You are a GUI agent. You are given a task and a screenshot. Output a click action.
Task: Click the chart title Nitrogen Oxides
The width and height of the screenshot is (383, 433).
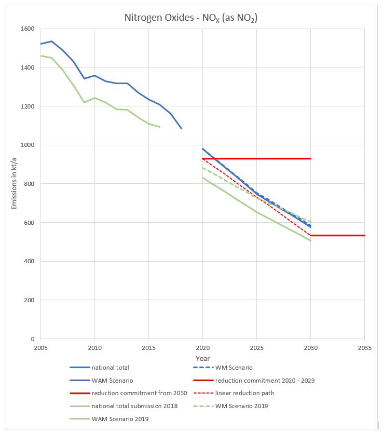pyautogui.click(x=191, y=18)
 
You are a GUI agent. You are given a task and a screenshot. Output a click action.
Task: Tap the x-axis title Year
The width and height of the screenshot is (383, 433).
pyautogui.click(x=203, y=358)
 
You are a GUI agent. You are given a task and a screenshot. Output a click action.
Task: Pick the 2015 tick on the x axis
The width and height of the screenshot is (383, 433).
pyautogui.click(x=148, y=346)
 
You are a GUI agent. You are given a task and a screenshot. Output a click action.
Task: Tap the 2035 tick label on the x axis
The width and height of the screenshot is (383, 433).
pyautogui.click(x=364, y=346)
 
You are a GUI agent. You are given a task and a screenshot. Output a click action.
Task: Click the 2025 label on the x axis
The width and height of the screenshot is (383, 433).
pyautogui.click(x=256, y=346)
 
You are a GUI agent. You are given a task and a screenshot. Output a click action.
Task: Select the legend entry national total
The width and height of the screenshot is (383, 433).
pyautogui.click(x=111, y=368)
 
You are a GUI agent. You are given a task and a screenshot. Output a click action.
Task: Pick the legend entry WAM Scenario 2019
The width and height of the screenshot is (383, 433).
pyautogui.click(x=119, y=418)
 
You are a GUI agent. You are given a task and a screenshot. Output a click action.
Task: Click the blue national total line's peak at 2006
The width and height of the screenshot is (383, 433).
pyautogui.click(x=51, y=41)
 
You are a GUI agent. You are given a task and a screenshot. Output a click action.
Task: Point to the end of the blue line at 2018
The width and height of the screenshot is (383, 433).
pyautogui.click(x=181, y=128)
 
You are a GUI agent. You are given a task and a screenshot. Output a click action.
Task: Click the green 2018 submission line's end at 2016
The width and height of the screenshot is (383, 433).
pyautogui.click(x=159, y=127)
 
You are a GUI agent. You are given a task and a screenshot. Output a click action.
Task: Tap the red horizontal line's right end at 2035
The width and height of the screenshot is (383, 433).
pyautogui.click(x=364, y=235)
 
